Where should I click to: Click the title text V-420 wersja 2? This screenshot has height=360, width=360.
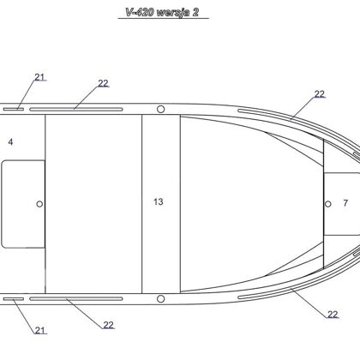[162, 12]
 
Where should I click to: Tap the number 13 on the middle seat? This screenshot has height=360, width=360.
[159, 201]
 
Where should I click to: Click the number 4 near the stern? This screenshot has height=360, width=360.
[10, 141]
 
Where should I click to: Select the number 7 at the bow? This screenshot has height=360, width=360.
[345, 203]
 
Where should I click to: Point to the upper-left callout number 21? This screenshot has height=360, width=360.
[40, 77]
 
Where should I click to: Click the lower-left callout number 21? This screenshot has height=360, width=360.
[40, 330]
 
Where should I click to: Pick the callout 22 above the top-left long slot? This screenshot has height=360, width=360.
[104, 83]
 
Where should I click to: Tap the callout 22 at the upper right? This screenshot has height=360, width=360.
[320, 94]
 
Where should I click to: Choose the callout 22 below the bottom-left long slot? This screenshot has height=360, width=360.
[108, 325]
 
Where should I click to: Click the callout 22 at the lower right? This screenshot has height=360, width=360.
[333, 315]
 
